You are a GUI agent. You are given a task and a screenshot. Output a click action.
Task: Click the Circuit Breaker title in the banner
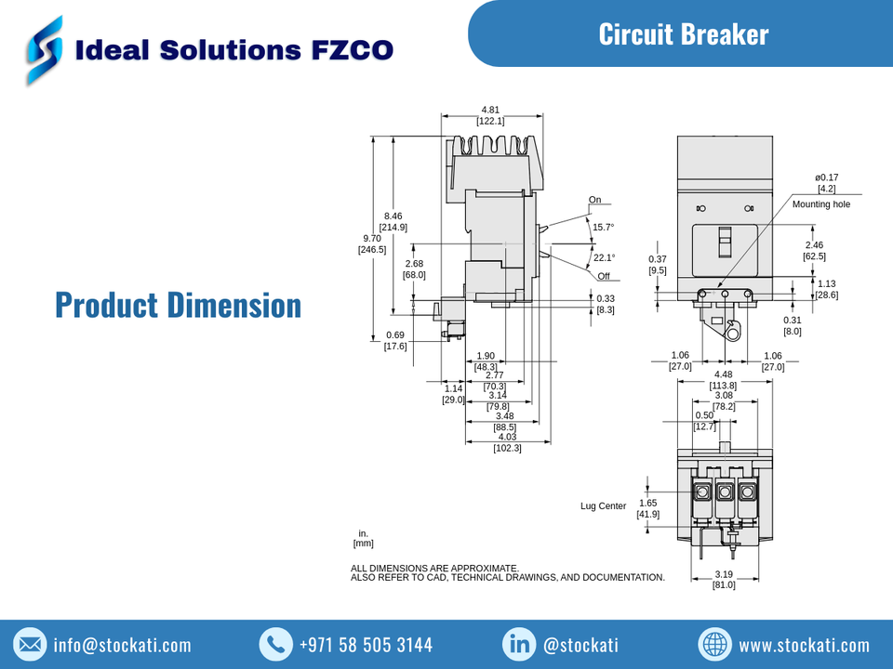pos(683,34)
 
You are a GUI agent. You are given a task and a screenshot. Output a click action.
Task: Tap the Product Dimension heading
pos(178,305)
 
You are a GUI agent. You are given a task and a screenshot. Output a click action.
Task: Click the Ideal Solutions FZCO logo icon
pos(45,49)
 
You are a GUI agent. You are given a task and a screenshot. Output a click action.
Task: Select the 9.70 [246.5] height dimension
pos(372,243)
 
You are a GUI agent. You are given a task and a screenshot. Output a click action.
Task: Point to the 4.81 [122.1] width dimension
pos(490,115)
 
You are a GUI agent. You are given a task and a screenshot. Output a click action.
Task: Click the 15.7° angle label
pos(604,227)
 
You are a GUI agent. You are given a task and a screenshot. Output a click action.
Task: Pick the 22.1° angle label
pos(604,257)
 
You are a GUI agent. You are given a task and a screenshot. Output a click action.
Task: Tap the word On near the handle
pos(594,200)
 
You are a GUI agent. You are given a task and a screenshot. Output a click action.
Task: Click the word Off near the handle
pos(604,276)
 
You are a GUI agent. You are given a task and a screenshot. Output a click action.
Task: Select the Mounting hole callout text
pos(820,204)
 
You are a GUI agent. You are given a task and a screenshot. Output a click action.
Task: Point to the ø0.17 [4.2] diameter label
pos(826,183)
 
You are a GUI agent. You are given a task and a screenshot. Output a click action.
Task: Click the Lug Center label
pos(603,506)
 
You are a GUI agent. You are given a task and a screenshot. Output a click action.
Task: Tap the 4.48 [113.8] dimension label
pos(723,380)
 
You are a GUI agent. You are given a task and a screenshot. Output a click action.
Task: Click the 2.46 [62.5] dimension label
pos(814,251)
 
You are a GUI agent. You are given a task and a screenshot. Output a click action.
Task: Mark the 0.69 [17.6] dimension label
pos(395,341)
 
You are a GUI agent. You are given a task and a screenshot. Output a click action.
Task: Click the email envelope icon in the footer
pos(31,644)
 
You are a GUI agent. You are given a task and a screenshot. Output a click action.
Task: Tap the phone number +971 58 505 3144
pos(366,645)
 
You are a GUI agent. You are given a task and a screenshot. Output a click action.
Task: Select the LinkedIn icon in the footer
pos(518,644)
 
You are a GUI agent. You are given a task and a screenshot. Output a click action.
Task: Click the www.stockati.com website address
pos(804,645)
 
